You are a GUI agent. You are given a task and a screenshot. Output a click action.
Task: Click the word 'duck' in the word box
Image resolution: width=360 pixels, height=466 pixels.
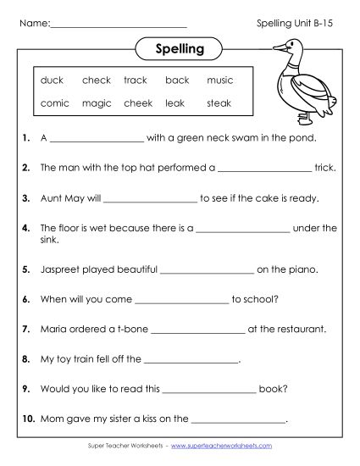point(52,80)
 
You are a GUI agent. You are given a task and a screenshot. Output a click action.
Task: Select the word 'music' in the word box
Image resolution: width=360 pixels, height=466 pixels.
point(219,80)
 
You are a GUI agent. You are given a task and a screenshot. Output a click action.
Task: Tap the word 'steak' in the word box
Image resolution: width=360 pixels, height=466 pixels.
point(219,103)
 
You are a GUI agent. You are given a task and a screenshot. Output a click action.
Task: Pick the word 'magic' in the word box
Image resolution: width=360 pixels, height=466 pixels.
point(97,103)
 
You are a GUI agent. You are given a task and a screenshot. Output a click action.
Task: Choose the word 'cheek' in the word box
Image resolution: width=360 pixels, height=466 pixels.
point(137,103)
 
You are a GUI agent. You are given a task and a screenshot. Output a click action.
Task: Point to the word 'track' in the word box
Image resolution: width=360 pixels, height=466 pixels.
point(136,80)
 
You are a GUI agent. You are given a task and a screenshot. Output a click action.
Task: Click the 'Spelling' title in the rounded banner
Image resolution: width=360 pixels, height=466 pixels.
point(180,48)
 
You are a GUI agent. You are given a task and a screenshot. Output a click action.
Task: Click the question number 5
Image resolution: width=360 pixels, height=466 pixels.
point(27,270)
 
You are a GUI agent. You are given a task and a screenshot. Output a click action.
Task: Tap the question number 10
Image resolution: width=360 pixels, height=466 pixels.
point(28,418)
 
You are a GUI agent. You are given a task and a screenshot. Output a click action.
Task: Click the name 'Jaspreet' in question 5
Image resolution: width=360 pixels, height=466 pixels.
point(58,270)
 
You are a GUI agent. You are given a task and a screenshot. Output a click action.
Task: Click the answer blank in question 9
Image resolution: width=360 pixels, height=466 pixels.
point(208,390)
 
